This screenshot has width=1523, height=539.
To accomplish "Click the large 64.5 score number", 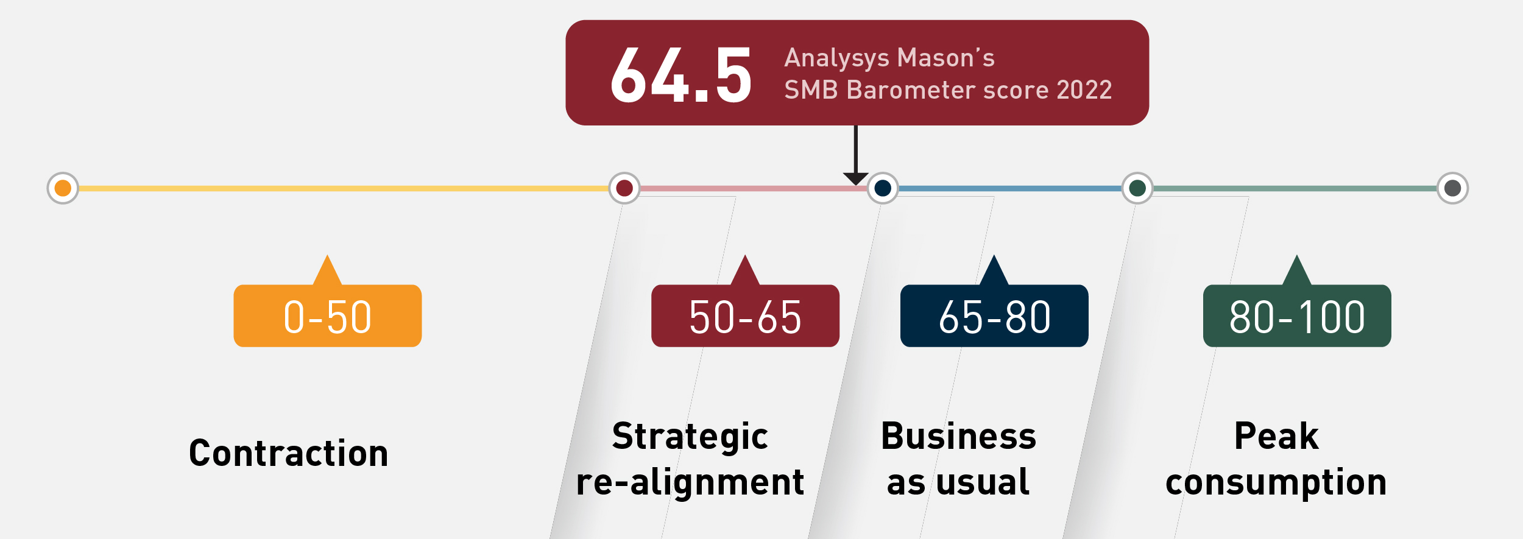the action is [x=681, y=75].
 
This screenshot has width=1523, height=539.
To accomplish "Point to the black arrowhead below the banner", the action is [x=855, y=178].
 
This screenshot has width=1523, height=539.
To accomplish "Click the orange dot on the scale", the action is [x=63, y=188].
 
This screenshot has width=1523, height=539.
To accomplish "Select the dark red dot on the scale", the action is [x=624, y=188].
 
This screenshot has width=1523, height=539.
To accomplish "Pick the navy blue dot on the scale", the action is [x=883, y=188].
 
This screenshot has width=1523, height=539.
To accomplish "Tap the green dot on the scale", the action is [x=1137, y=188].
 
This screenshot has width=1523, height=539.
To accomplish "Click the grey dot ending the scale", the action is [x=1453, y=188].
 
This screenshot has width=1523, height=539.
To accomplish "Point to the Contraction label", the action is [x=289, y=453].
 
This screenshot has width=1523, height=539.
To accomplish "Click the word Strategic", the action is [x=690, y=437].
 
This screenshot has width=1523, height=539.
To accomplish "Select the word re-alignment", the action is [x=690, y=482].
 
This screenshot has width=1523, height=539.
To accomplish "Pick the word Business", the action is [x=958, y=436].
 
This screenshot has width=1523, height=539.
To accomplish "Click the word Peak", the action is [x=1276, y=436].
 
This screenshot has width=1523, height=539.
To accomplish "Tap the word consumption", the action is [x=1276, y=482].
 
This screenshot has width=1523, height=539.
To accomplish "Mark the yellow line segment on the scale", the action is [x=344, y=189].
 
